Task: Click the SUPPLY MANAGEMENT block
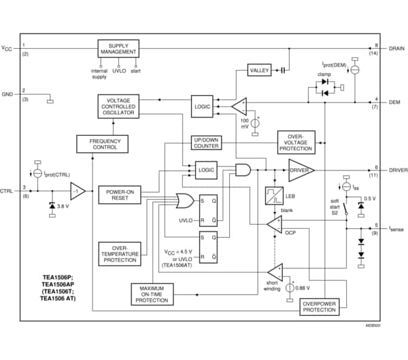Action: (119, 51)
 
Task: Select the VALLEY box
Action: (260, 70)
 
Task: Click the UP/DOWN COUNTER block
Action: (205, 142)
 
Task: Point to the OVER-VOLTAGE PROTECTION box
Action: (296, 141)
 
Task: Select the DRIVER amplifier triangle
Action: (300, 169)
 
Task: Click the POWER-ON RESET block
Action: (119, 195)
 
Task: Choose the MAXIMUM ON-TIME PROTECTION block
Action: (152, 293)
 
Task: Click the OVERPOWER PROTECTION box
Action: (318, 306)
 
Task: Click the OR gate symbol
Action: (184, 200)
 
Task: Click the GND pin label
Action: (7, 94)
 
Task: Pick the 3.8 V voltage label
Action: (63, 206)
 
